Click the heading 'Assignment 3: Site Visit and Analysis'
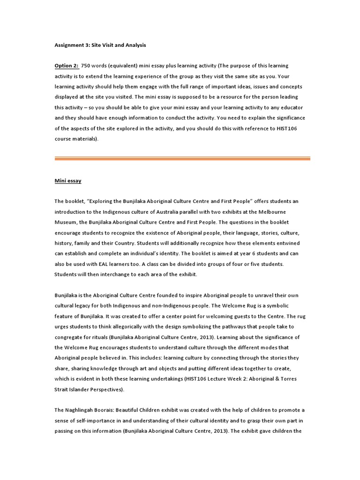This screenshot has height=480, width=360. (x=100, y=45)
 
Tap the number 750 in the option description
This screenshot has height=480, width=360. (x=87, y=66)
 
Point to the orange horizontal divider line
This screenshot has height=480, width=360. (x=182, y=158)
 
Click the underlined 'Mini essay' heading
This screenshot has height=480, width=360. (x=68, y=180)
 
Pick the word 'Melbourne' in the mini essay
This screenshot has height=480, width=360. (x=284, y=211)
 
